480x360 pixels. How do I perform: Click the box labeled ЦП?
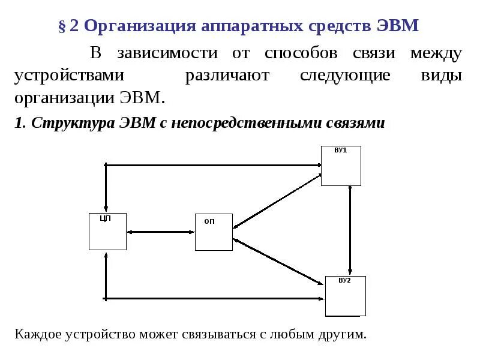click(x=107, y=232)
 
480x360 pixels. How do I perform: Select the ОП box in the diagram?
click(x=214, y=232)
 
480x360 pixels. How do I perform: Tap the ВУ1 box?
click(x=341, y=166)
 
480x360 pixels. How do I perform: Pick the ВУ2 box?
click(x=345, y=296)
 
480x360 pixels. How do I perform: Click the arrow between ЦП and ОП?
click(x=161, y=232)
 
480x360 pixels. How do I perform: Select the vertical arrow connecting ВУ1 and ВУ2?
click(x=350, y=231)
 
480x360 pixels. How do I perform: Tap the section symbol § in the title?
click(x=62, y=26)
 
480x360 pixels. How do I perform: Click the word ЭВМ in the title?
click(x=398, y=26)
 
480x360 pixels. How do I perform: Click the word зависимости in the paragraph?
click(x=167, y=53)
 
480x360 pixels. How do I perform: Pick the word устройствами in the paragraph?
click(x=70, y=76)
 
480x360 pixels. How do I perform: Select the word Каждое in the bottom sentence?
click(x=37, y=334)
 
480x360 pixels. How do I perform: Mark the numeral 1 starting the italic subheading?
click(x=19, y=123)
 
